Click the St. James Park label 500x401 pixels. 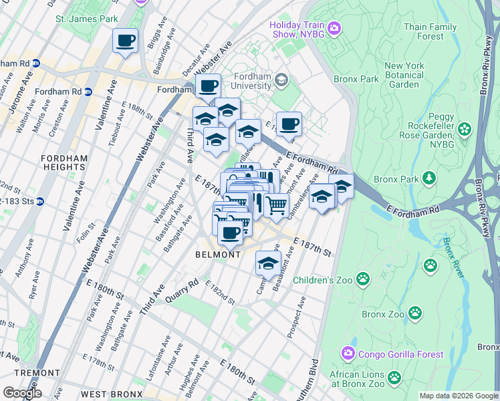point(86,19)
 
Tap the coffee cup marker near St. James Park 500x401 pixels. point(125,41)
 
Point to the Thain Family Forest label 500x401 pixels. point(430,31)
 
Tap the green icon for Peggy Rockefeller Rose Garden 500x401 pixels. point(465,128)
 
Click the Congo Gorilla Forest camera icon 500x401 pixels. point(348,353)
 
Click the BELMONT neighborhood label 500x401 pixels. point(218,255)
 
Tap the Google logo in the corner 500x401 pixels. point(21,392)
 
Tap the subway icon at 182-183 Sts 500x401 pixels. point(39,200)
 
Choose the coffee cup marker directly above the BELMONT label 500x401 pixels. point(230,233)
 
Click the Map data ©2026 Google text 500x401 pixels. point(458,396)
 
